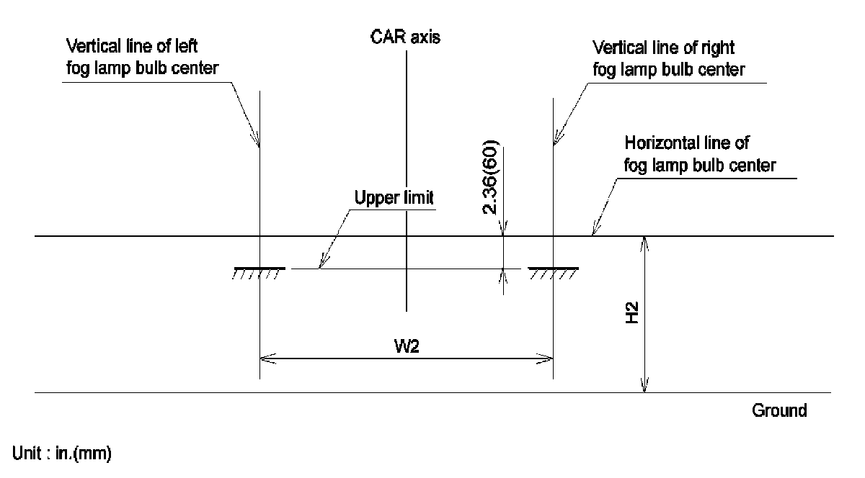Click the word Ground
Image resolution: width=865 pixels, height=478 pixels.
[x=779, y=411]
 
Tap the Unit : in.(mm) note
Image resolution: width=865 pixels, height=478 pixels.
[x=62, y=454]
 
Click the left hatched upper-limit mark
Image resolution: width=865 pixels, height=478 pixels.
[x=259, y=271]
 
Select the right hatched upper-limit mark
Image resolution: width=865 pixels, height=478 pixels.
[x=553, y=271]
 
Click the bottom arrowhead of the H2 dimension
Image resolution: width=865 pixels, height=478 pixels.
[x=646, y=389]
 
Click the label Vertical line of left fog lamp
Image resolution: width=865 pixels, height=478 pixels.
[x=132, y=58]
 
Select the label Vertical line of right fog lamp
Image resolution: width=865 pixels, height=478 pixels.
[x=667, y=58]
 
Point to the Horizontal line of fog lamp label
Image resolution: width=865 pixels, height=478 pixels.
[x=699, y=153]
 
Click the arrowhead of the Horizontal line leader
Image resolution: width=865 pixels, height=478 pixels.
[x=593, y=232]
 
